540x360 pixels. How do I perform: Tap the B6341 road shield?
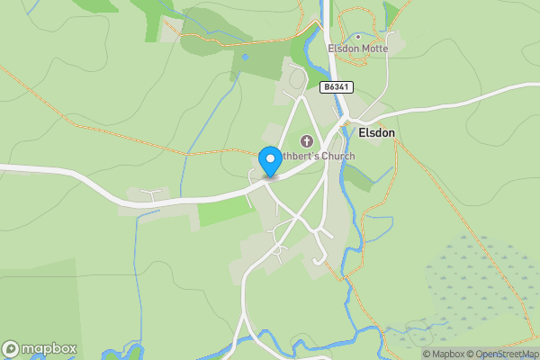[337, 87]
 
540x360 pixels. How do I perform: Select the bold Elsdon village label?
[376, 132]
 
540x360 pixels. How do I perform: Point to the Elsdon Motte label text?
[358, 49]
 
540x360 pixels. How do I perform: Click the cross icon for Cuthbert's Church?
[307, 141]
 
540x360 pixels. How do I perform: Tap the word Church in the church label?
[337, 157]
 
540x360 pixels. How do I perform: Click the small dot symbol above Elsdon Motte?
[357, 37]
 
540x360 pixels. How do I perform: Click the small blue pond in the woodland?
[244, 56]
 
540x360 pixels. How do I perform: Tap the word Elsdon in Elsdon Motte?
[343, 49]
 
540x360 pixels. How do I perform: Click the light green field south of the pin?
[225, 211]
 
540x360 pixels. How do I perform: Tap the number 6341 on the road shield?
[340, 87]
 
